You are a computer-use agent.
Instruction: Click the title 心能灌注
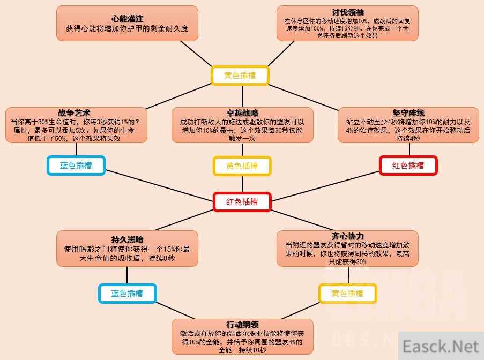127,19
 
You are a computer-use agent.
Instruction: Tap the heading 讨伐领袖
347,12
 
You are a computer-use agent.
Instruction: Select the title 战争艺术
74,112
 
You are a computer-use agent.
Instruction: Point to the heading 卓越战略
242,112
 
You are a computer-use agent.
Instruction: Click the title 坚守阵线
408,112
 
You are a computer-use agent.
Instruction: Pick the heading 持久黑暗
127,239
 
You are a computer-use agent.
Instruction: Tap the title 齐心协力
347,236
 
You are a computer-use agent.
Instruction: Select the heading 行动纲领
242,325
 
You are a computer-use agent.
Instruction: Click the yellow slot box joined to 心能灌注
240,76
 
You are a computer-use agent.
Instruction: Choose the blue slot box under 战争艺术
76,166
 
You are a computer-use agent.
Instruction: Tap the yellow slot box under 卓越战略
242,166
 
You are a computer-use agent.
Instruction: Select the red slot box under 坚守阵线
408,166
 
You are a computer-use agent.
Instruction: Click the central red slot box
242,202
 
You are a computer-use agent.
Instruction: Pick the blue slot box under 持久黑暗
127,294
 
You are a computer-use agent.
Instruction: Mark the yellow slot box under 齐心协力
347,294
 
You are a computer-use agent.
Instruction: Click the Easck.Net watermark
441,346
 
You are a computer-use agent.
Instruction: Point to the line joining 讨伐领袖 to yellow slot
280,54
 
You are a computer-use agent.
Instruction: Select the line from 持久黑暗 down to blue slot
127,275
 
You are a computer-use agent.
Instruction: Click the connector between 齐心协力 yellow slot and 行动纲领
301,311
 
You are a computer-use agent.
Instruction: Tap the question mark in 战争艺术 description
137,122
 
